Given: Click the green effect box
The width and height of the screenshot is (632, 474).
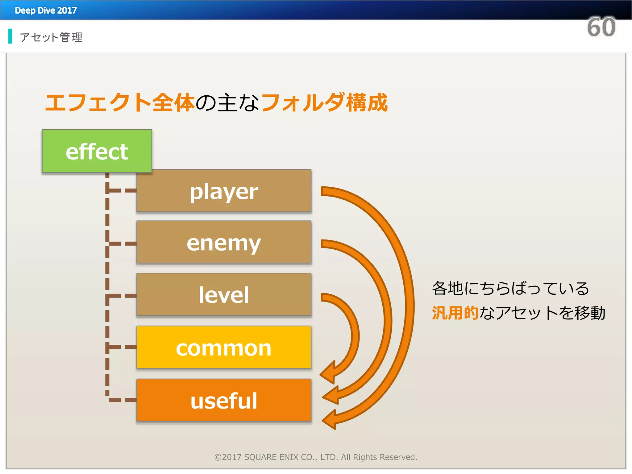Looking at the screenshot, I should pyautogui.click(x=97, y=151).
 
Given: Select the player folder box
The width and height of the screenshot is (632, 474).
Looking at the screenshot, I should pyautogui.click(x=224, y=191).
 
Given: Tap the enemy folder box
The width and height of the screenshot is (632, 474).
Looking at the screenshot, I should pyautogui.click(x=224, y=242).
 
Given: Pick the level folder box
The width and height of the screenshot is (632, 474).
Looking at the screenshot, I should pyautogui.click(x=224, y=294).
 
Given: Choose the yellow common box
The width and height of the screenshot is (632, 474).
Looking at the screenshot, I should pyautogui.click(x=224, y=347).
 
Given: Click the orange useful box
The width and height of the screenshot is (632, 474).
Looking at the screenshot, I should pyautogui.click(x=224, y=400).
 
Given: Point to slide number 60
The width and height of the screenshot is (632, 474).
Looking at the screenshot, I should pyautogui.click(x=601, y=27).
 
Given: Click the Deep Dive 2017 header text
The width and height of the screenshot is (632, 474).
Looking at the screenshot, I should pyautogui.click(x=46, y=10).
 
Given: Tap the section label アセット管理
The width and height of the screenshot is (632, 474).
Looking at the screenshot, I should pyautogui.click(x=51, y=37).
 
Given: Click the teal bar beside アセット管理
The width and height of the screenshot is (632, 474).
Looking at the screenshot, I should pyautogui.click(x=10, y=36).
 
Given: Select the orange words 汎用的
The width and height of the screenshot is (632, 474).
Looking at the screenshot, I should pyautogui.click(x=455, y=313).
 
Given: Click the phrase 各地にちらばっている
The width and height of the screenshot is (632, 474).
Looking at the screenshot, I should pyautogui.click(x=510, y=289).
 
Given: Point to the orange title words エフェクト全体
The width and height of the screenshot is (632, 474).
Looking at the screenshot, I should pyautogui.click(x=120, y=103).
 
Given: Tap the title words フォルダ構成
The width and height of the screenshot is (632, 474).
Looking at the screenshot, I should pyautogui.click(x=324, y=103).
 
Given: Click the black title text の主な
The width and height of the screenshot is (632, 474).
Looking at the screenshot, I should pyautogui.click(x=227, y=103).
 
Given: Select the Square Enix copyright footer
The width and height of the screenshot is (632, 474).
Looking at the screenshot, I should pyautogui.click(x=316, y=457).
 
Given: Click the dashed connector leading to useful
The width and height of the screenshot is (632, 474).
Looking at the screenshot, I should pyautogui.click(x=122, y=400).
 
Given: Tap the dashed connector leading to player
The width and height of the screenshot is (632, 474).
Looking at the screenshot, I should pyautogui.click(x=122, y=190).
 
